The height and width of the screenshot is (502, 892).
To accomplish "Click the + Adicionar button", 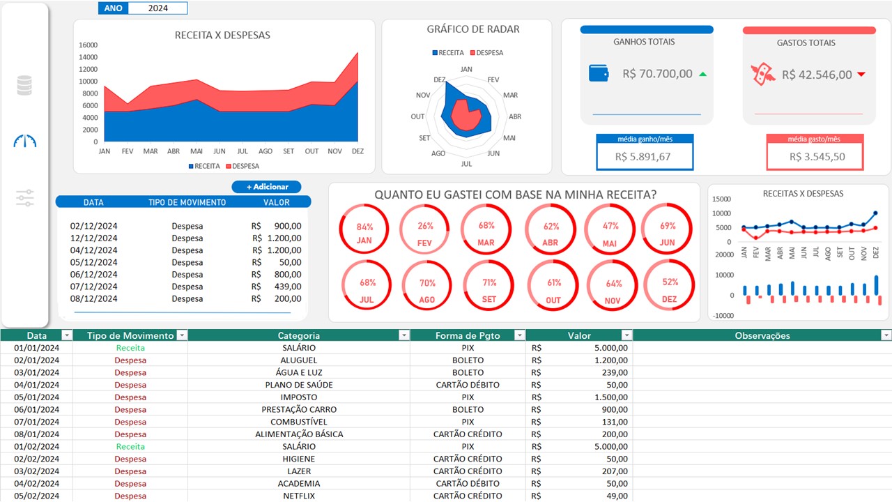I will coord(266,187).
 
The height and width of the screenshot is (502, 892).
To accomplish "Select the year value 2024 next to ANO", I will coord(158,8).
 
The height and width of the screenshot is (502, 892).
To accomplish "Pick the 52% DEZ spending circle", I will coord(669,286).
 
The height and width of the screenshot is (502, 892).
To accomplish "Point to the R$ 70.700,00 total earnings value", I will coord(657,74).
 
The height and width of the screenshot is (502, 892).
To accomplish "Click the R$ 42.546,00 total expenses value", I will coord(816,75).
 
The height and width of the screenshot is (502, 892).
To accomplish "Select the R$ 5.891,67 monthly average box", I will coord(645,156).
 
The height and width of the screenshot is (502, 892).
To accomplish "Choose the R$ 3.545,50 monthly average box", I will coord(815,156).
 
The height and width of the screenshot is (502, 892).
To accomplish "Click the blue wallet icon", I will coord(599,73).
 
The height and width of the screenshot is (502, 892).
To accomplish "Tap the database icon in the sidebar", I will coord(24,85).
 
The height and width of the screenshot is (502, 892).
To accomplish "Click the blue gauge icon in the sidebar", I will coord(25,141).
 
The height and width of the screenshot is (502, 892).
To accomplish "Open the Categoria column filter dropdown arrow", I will coord(403,335).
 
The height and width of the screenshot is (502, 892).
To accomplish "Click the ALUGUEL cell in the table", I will coord(299,360).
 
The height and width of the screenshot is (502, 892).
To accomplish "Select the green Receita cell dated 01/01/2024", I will coord(130,348).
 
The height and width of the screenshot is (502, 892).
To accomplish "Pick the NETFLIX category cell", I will coord(299,496).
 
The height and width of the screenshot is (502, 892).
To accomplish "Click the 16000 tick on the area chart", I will coord(89,45).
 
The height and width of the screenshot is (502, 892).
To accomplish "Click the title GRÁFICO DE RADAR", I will coord(473,29).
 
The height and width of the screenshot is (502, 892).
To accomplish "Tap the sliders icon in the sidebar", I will coord(25,198).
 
